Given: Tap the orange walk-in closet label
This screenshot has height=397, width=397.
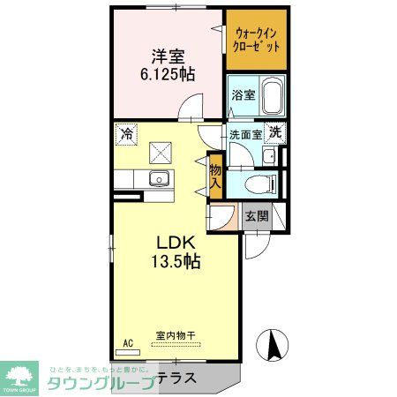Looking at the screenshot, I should pyautogui.click(x=256, y=40).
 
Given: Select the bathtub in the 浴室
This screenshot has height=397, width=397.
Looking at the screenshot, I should pyautogui.click(x=273, y=94).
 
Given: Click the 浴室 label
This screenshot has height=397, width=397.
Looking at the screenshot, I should pyautogui.click(x=244, y=95).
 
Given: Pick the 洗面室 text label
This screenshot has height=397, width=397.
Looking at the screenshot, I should pyautogui.click(x=245, y=135).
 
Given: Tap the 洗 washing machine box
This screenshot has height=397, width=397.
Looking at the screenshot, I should pyautogui.click(x=276, y=132).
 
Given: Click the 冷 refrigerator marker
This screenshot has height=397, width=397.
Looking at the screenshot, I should pyautogui.click(x=126, y=135).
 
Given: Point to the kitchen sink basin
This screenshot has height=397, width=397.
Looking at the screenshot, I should pyautogui.click(x=159, y=179).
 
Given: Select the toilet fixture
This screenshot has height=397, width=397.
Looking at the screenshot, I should pyautogui.click(x=263, y=184).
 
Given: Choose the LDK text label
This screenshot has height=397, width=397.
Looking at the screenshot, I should pyautogui.click(x=175, y=242).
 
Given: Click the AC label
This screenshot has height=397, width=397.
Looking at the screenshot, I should pyautogui.click(x=127, y=343).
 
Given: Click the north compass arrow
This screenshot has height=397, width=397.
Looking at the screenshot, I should pyautogui.click(x=273, y=343).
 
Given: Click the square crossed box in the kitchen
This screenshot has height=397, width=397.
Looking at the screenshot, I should pyautogui.click(x=161, y=152).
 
